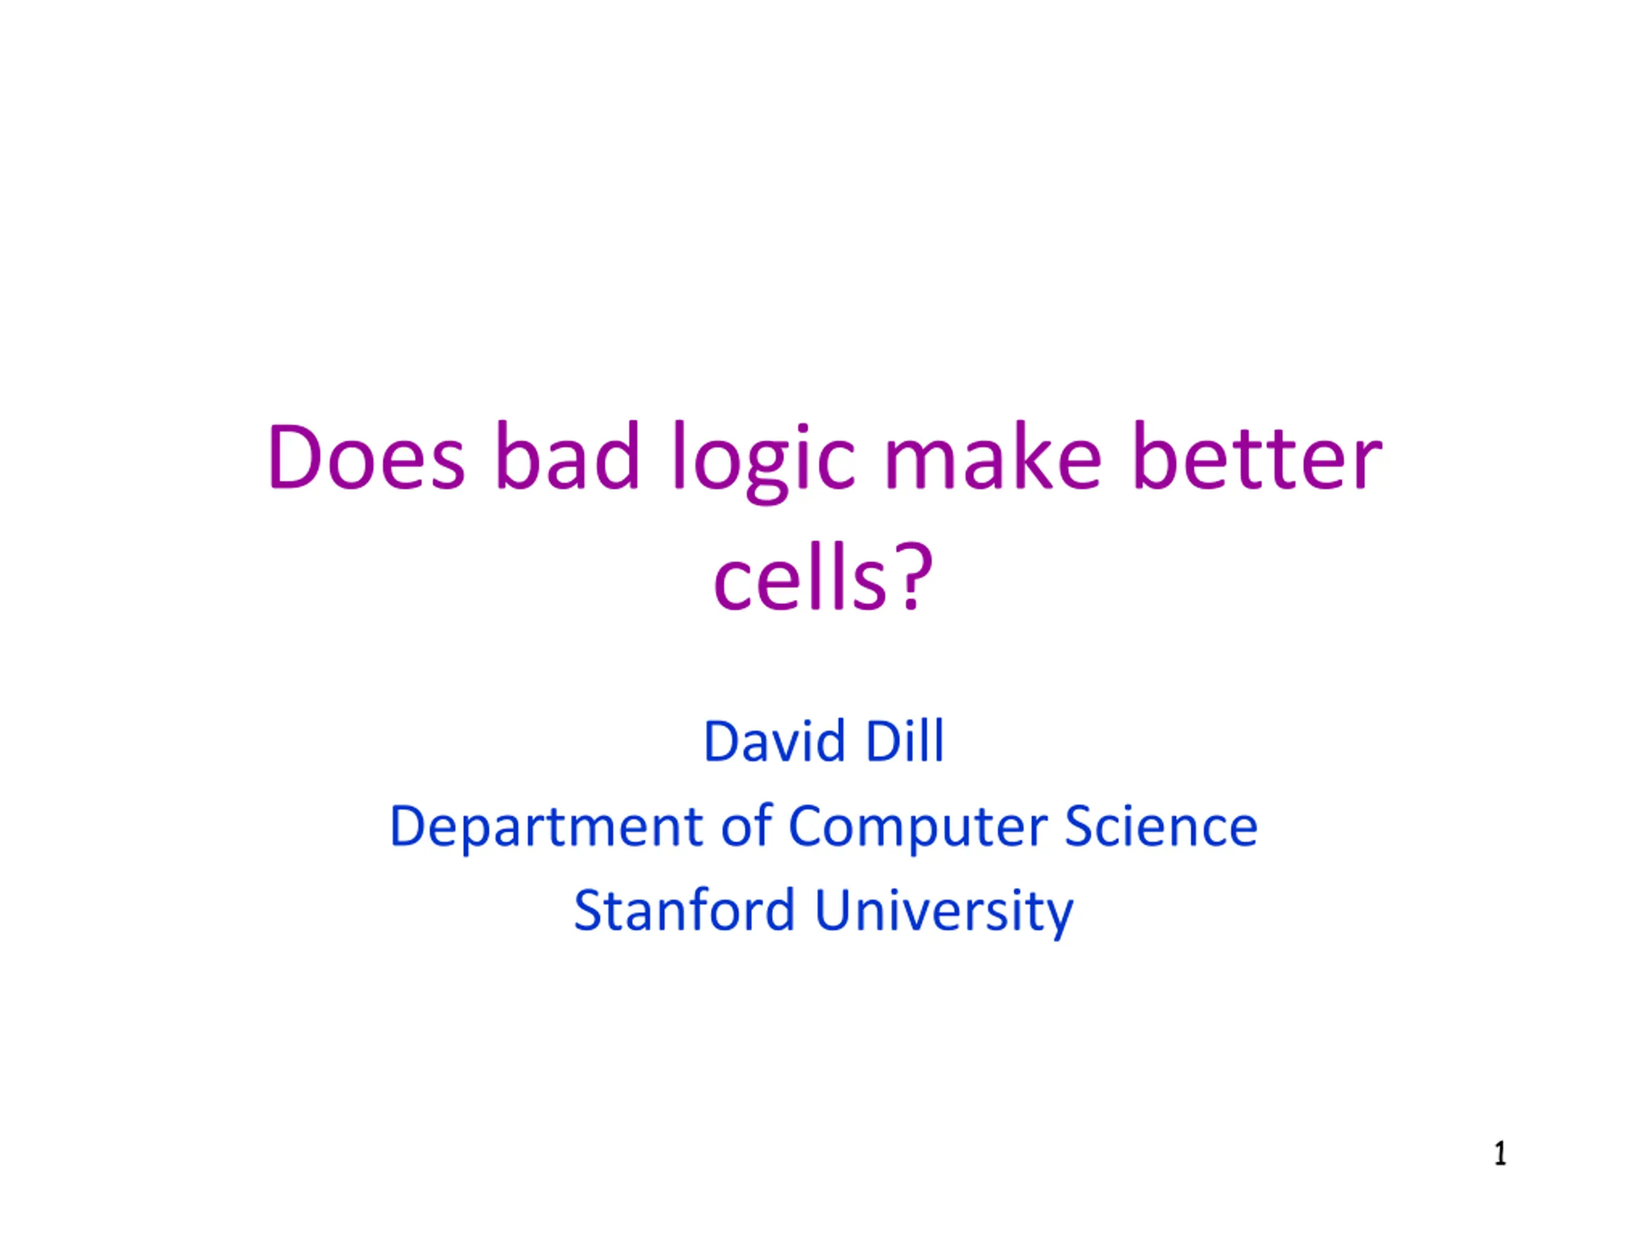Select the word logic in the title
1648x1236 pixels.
point(763,462)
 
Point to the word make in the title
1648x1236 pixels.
point(993,454)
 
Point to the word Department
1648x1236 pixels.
point(546,827)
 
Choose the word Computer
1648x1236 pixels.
point(917,827)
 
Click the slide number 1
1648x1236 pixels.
point(1500,1154)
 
